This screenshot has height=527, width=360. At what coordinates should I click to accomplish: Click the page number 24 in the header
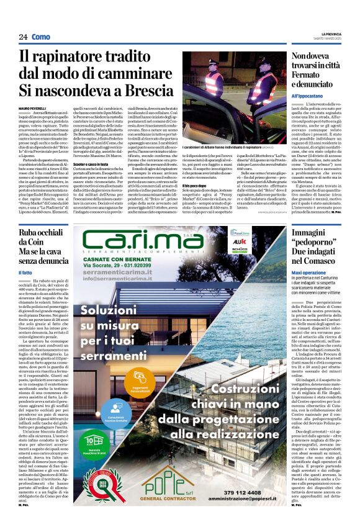(x=22, y=37)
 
